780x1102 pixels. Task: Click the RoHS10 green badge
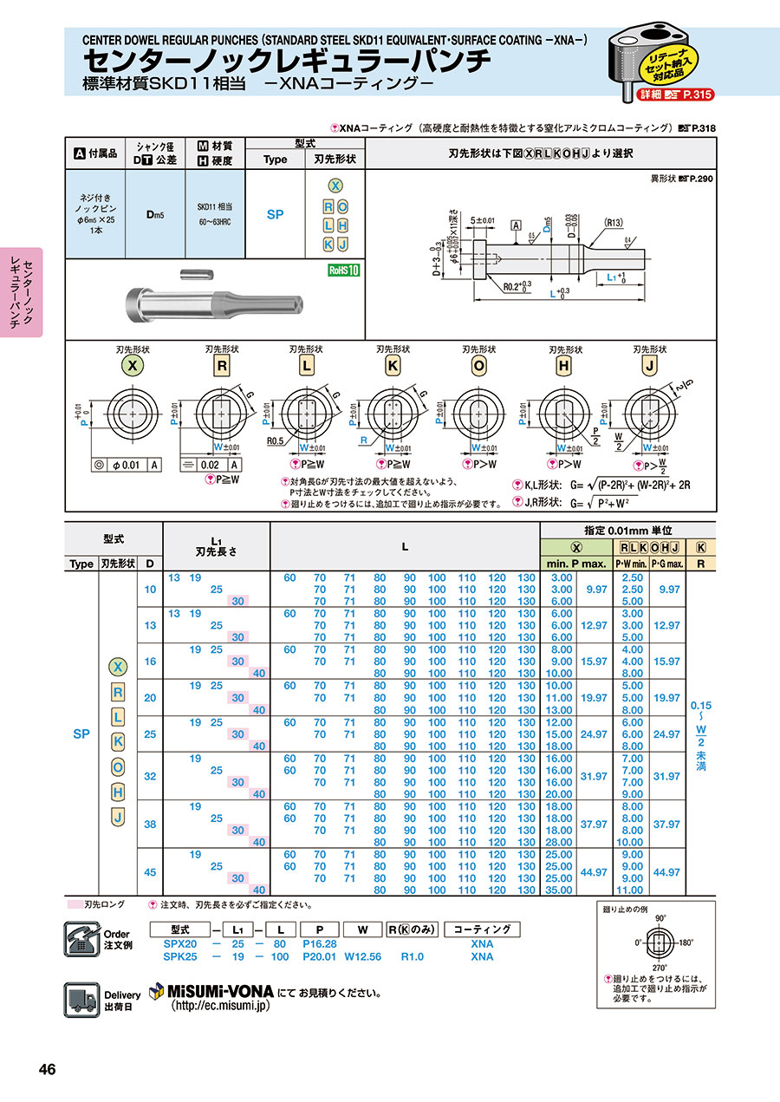click(x=343, y=270)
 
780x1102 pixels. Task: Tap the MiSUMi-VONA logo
click(x=211, y=991)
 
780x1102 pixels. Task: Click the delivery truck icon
click(x=81, y=1001)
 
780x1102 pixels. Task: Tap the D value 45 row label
click(x=150, y=871)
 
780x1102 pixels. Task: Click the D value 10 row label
click(x=150, y=589)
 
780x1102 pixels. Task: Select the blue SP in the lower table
click(x=81, y=734)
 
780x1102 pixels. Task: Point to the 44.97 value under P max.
click(x=595, y=871)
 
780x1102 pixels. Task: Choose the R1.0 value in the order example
click(x=412, y=956)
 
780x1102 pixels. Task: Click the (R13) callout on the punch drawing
click(x=613, y=223)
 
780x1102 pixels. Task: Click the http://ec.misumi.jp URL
click(x=222, y=1006)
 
